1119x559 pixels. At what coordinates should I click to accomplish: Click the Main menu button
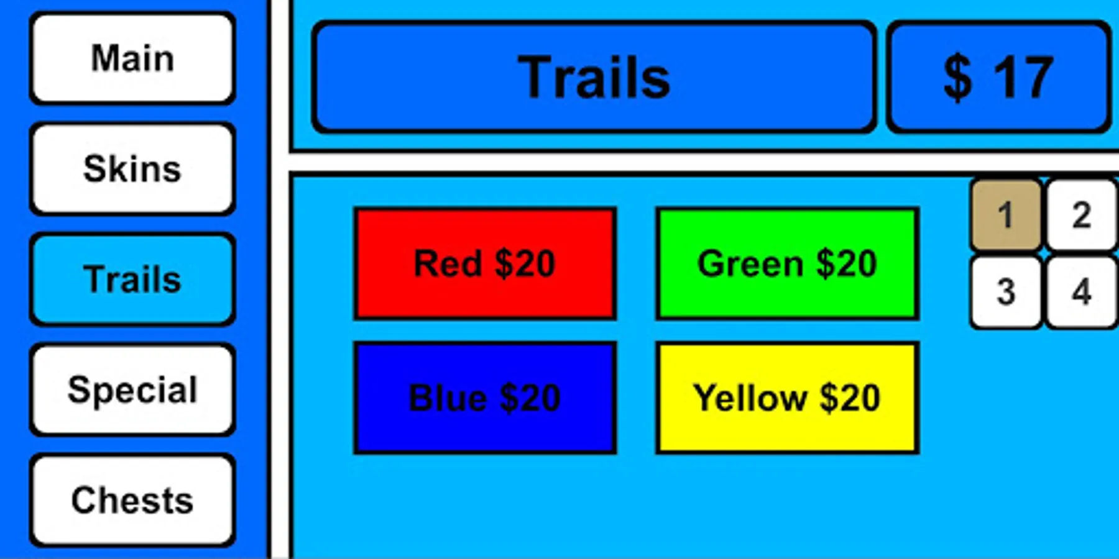[x=132, y=58]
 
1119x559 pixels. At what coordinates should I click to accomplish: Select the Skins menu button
[x=132, y=168]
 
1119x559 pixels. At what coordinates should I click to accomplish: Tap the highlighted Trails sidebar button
[x=132, y=279]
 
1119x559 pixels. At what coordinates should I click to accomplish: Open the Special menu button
[x=132, y=389]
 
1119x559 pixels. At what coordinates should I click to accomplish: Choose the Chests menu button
[x=132, y=500]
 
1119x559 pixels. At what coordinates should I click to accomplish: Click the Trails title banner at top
[x=594, y=77]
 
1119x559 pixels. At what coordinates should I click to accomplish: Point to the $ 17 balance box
[x=998, y=77]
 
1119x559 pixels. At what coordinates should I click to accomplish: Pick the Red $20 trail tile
[x=485, y=263]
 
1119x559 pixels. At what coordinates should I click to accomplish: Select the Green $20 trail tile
[x=787, y=263]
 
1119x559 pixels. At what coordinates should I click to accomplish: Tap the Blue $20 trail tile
[x=485, y=398]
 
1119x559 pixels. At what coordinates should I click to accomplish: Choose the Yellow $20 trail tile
[x=787, y=398]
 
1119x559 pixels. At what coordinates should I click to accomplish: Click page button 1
[x=1006, y=215]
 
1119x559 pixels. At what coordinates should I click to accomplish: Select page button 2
[x=1082, y=215]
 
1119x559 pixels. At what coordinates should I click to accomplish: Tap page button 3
[x=1006, y=291]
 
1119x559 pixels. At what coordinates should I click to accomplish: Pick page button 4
[x=1082, y=291]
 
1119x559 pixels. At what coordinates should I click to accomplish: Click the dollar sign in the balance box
[x=957, y=77]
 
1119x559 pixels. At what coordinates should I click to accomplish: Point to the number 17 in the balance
[x=1023, y=77]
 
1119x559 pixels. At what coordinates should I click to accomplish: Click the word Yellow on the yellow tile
[x=750, y=398]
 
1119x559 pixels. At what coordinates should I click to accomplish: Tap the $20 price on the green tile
[x=846, y=263]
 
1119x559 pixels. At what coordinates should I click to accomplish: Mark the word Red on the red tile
[x=448, y=263]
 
